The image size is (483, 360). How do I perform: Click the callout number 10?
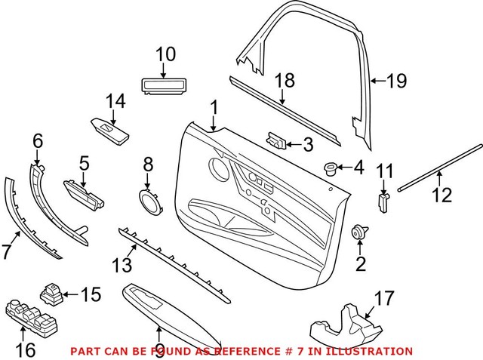[x=165, y=54]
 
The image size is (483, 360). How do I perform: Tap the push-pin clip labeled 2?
[x=359, y=232]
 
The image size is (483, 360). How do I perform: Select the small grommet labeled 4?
[x=329, y=168]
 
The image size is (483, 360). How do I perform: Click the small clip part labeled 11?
[x=384, y=202]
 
